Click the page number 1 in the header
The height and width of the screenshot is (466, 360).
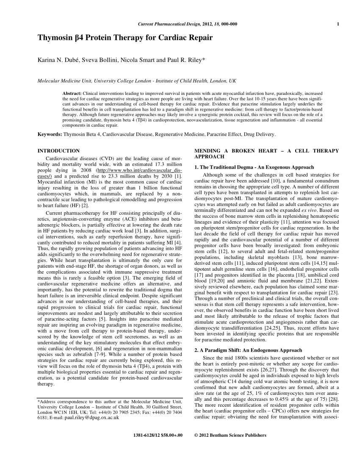click(338, 24)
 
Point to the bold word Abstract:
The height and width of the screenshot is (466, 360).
click(72, 93)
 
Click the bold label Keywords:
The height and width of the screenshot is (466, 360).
click(50, 135)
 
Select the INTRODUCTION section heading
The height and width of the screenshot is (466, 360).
click(58, 151)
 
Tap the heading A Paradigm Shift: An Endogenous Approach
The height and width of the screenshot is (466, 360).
click(248, 350)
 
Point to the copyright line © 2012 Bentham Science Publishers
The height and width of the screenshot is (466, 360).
click(230, 435)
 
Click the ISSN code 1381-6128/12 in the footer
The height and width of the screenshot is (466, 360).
click(147, 435)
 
